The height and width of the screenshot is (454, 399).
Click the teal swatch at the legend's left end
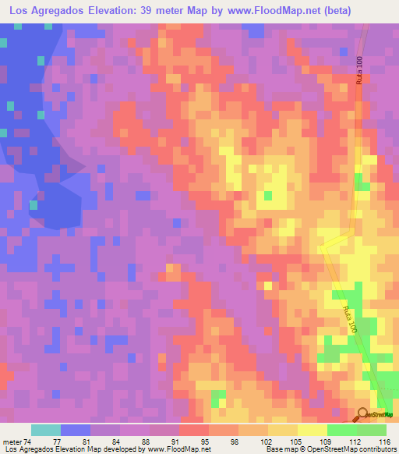point(46,430)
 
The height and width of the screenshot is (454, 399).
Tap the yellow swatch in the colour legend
point(312,430)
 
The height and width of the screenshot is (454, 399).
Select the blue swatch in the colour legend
point(76,430)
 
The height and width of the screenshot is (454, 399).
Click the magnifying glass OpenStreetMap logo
point(364,415)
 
